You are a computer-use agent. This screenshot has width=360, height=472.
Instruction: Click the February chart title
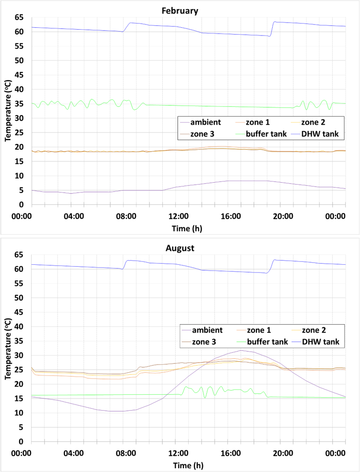(x=180, y=10)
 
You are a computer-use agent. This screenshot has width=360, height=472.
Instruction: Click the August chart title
(x=180, y=248)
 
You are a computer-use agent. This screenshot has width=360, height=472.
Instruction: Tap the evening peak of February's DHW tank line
(x=275, y=22)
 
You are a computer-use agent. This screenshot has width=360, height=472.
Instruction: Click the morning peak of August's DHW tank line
(x=129, y=260)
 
